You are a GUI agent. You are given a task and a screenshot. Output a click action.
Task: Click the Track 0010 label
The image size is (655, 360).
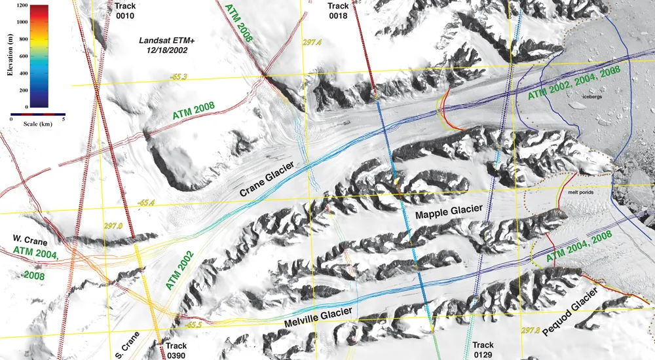pyautogui.click(x=124, y=11)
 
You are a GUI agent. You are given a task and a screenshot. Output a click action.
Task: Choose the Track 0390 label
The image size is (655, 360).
pyautogui.click(x=176, y=350)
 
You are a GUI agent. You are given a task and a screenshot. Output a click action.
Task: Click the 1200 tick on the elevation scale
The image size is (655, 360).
pyautogui.click(x=22, y=5)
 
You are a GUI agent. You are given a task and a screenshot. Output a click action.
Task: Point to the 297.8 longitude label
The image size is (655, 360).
pyautogui.click(x=530, y=331)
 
